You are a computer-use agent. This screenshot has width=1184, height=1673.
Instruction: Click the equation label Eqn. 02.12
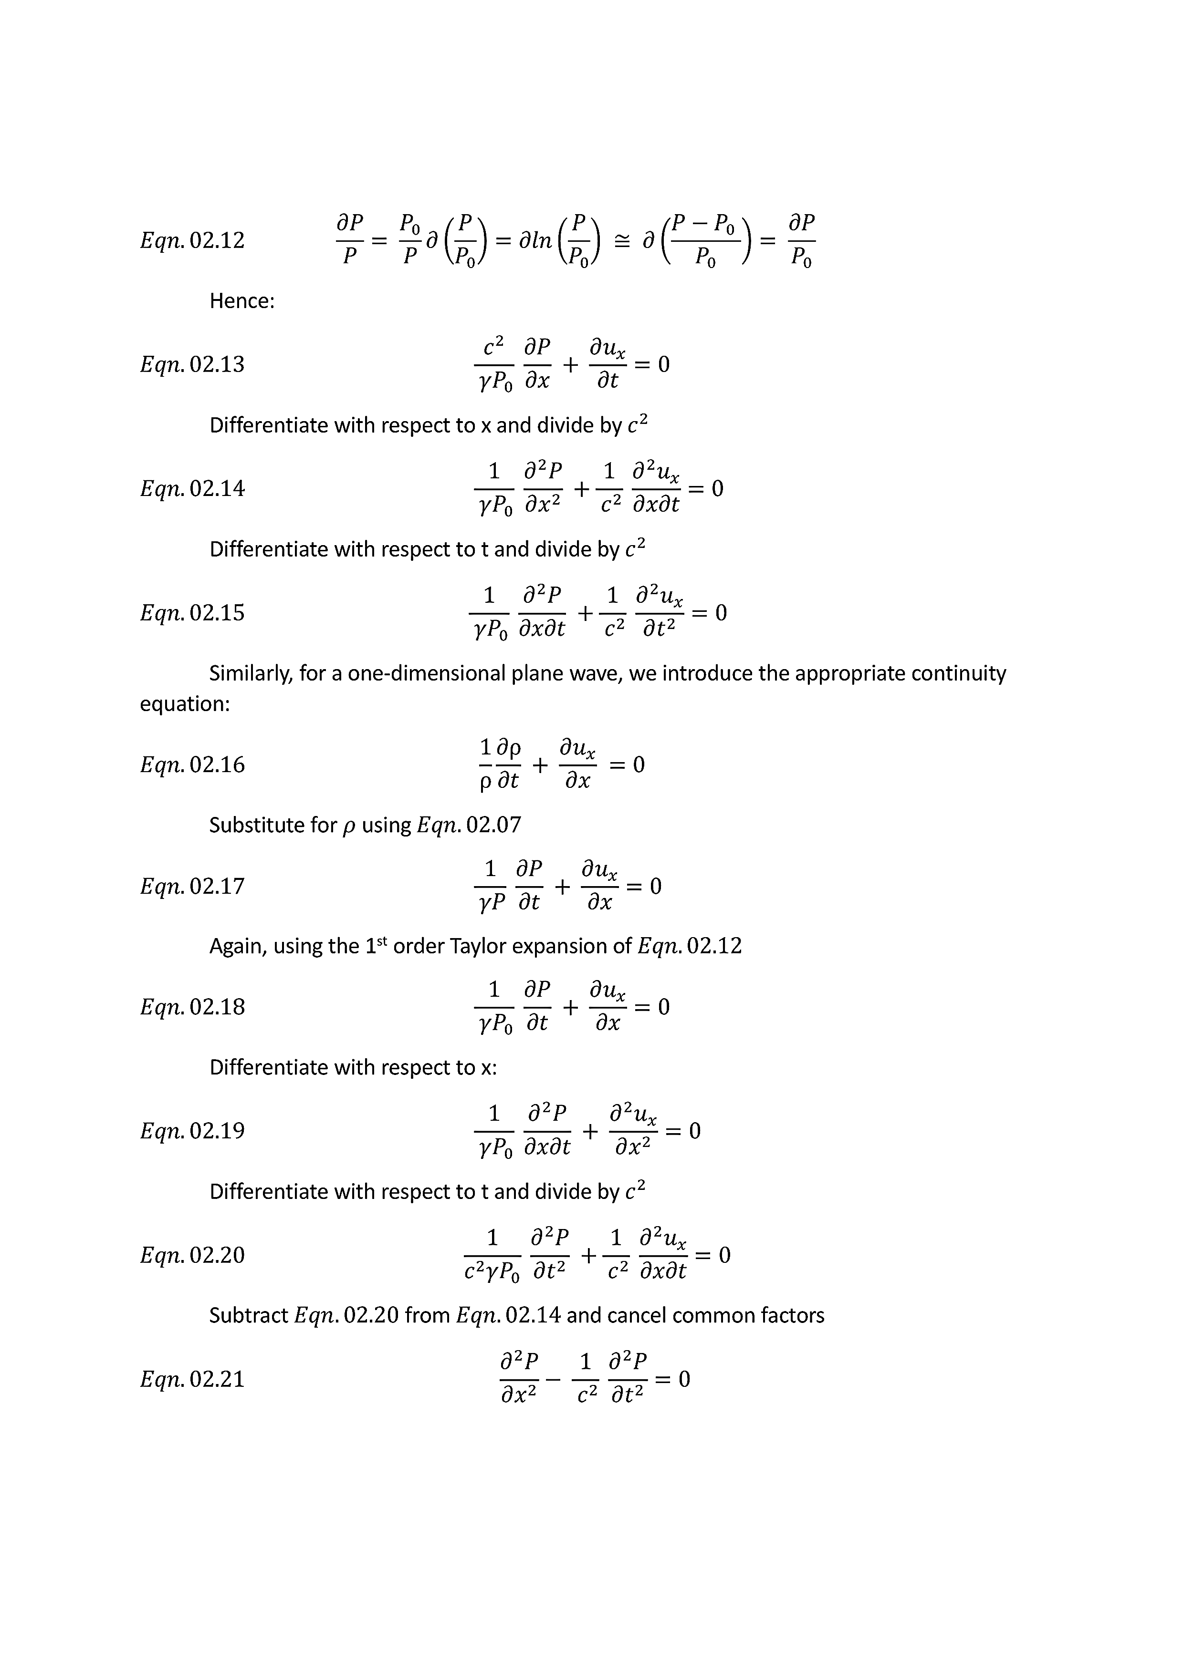pyautogui.click(x=192, y=240)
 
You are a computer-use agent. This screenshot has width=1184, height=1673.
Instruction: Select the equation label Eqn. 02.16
pyautogui.click(x=192, y=764)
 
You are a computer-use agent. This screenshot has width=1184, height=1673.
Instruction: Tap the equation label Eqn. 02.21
pyautogui.click(x=192, y=1379)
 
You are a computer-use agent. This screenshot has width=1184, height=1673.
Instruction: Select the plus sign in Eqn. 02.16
pyautogui.click(x=540, y=765)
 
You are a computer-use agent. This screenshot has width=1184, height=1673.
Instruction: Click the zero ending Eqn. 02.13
pyautogui.click(x=663, y=364)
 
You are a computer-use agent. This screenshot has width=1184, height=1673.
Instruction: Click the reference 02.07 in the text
pyautogui.click(x=493, y=825)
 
